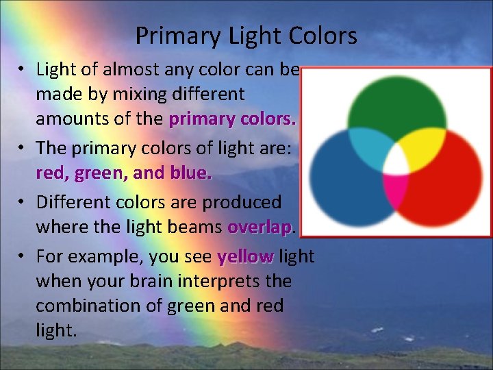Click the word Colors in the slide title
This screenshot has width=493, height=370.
[324, 36]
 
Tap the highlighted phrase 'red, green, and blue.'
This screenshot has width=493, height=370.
[124, 173]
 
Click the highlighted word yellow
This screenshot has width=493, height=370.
[245, 257]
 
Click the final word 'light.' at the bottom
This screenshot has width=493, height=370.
[56, 330]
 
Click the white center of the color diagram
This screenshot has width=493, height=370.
[395, 162]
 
